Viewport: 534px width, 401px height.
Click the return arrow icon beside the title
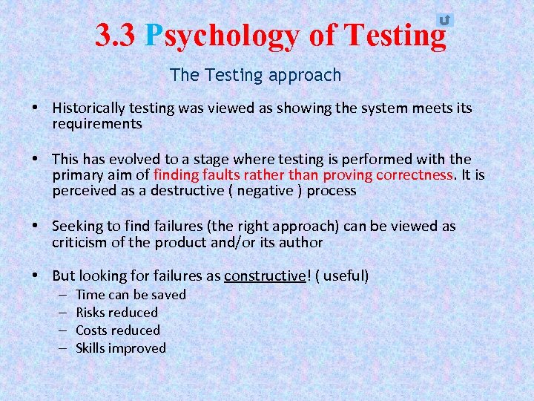tap(444, 21)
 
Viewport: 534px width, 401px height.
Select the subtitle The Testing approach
tap(255, 75)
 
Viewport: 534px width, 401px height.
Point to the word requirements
tap(96, 124)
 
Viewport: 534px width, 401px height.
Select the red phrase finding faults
tap(191, 175)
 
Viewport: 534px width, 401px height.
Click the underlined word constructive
tap(264, 276)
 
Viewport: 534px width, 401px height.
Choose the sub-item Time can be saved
tap(131, 295)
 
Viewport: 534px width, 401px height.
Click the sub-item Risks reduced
tap(117, 313)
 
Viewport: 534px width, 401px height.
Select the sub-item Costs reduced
tap(118, 330)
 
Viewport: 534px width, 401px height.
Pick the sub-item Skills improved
tap(121, 348)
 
